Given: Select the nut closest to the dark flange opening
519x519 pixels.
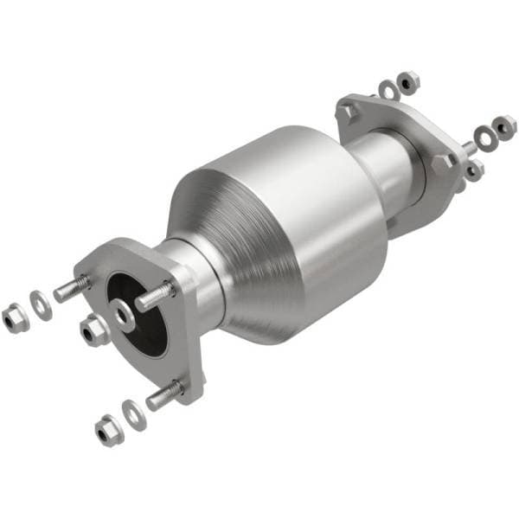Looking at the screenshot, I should tap(93, 329).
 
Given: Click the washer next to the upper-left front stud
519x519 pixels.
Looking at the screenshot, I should tap(40, 303).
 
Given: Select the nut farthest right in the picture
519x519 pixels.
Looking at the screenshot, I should tap(504, 125).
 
